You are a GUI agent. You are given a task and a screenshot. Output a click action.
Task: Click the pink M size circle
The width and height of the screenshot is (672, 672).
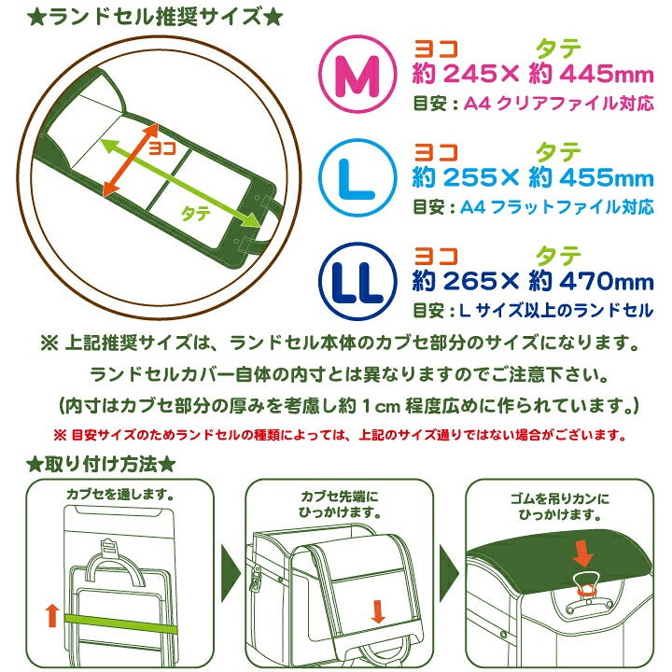pyautogui.click(x=357, y=74)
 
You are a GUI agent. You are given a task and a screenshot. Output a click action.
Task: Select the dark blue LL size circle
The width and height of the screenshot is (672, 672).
pyautogui.click(x=357, y=282)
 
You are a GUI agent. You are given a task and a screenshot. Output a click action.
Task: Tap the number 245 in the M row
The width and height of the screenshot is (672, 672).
pyautogui.click(x=469, y=74)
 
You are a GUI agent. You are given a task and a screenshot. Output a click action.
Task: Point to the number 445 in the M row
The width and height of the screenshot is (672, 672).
pyautogui.click(x=586, y=74)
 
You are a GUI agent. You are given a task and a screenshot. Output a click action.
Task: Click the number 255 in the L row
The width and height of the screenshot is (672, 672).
pyautogui.click(x=469, y=178)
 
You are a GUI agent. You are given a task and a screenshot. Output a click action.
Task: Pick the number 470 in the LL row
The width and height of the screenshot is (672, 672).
pyautogui.click(x=586, y=282)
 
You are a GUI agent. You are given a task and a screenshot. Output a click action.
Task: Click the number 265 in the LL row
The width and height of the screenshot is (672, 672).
pyautogui.click(x=469, y=282)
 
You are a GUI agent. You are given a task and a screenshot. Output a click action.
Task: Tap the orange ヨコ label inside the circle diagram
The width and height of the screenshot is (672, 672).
pyautogui.click(x=162, y=148)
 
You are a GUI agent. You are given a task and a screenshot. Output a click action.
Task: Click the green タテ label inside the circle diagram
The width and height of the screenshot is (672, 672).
pyautogui.click(x=196, y=213)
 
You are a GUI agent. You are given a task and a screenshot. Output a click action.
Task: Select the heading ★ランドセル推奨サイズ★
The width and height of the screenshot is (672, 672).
pyautogui.click(x=155, y=18)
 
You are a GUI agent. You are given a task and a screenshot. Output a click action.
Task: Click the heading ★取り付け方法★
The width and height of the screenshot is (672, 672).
pyautogui.click(x=101, y=465)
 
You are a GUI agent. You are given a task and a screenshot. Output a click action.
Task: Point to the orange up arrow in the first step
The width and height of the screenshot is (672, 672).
pyautogui.click(x=52, y=615)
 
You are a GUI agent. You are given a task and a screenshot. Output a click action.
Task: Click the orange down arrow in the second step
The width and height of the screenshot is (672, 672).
pyautogui.click(x=378, y=611)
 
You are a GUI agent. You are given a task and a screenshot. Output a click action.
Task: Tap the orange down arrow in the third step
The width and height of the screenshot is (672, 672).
pyautogui.click(x=582, y=553)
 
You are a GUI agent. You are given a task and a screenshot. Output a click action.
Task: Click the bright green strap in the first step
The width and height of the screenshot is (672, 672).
pyautogui.click(x=120, y=624)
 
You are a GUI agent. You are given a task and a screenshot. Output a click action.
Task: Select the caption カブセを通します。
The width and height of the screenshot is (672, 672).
pyautogui.click(x=120, y=495)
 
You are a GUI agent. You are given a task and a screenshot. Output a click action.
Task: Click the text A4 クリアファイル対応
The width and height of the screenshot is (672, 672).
pyautogui.click(x=559, y=104)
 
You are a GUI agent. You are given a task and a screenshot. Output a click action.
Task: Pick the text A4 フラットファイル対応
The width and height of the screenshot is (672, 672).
pyautogui.click(x=557, y=207)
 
